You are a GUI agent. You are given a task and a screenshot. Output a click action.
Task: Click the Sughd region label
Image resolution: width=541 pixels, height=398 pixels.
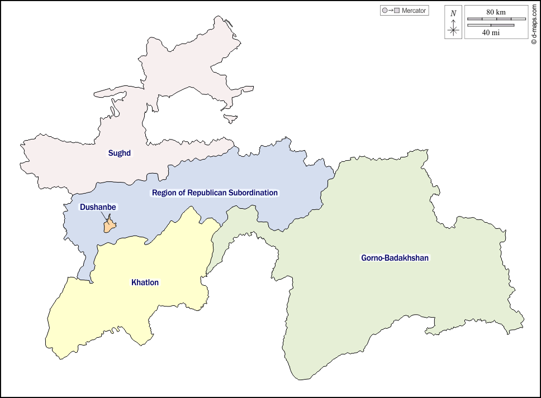click(119, 152)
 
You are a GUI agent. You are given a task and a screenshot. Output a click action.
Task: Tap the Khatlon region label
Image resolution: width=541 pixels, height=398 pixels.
click(145, 282)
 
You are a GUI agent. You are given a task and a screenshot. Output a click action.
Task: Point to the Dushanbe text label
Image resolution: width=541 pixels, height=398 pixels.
click(98, 207)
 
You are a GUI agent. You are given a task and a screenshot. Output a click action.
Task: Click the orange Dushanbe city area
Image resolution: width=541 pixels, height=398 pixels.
click(109, 226)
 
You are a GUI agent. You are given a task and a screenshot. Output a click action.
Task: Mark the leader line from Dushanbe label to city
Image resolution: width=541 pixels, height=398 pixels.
click(106, 217)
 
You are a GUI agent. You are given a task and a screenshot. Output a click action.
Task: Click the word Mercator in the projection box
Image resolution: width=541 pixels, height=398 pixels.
click(414, 11)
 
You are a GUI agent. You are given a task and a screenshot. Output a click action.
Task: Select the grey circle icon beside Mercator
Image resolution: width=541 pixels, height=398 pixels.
click(384, 11)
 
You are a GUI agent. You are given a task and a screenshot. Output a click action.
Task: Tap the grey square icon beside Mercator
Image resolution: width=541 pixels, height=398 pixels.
click(397, 11)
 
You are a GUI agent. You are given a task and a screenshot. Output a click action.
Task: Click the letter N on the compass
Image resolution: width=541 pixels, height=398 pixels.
click(453, 13)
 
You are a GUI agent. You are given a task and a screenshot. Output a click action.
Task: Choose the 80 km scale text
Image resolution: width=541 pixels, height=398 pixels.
click(496, 11)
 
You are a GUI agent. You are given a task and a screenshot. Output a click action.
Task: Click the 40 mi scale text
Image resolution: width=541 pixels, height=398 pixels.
click(491, 33)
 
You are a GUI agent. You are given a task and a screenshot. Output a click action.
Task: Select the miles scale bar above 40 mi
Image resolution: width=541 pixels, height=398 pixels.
click(491, 25)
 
